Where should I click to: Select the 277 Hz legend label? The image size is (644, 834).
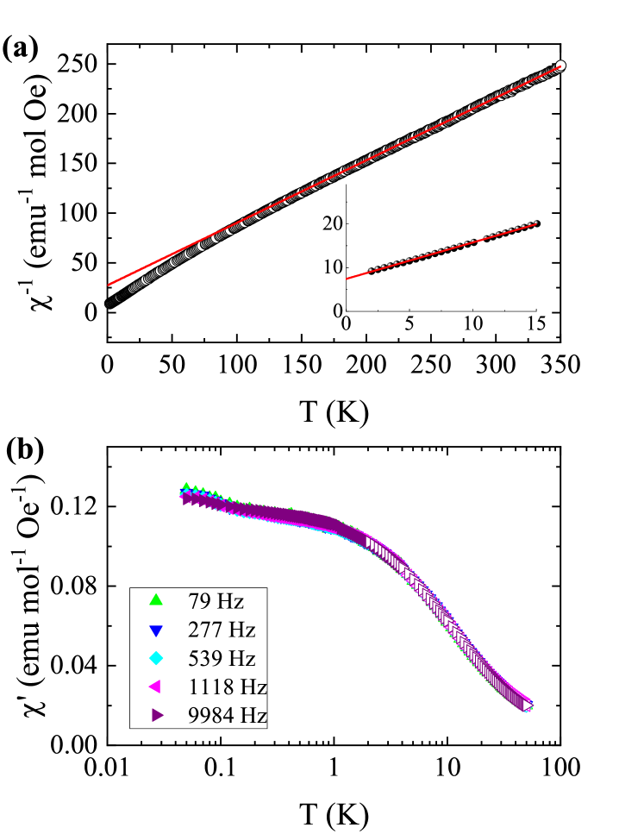222,630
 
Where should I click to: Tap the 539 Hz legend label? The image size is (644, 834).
222,658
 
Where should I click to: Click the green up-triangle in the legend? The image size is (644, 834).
156,600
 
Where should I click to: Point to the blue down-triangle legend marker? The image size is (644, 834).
156,630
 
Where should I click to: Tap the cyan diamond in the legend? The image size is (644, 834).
156,658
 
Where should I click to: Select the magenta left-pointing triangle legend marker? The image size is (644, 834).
155,687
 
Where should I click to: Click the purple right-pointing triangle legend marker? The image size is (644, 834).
157,715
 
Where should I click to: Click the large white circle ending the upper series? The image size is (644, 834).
560,66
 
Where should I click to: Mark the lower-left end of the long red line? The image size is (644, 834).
109,284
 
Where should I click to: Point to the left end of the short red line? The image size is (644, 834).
347,279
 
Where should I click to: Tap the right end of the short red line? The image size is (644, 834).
536,224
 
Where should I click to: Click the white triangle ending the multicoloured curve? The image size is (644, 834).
527,705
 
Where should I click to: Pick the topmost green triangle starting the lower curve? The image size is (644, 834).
186,486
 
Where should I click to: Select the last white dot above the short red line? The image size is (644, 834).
535,222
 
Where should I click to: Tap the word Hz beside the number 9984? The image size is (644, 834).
254,715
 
